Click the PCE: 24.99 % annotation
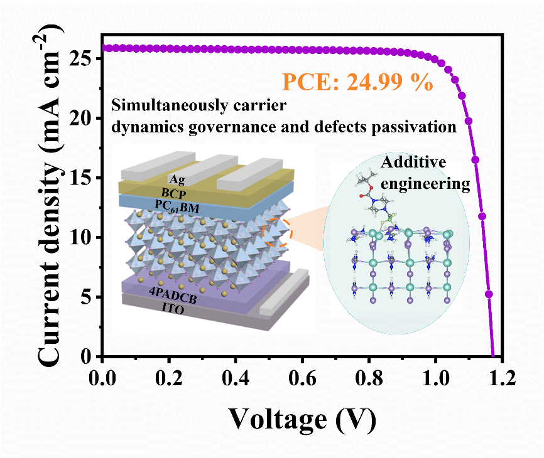357,82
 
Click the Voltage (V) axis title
302,419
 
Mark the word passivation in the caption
418,127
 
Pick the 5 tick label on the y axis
87,297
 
